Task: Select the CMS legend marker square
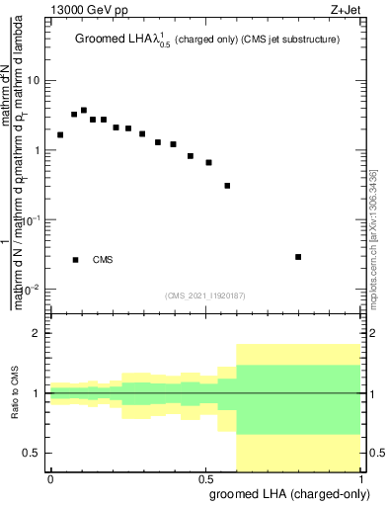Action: [x=75, y=260]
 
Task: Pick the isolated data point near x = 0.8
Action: [x=298, y=257]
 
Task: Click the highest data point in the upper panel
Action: [x=84, y=111]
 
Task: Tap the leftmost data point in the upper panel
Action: [x=60, y=134]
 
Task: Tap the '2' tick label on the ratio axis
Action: [x=36, y=334]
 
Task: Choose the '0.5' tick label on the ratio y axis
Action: [x=32, y=453]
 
